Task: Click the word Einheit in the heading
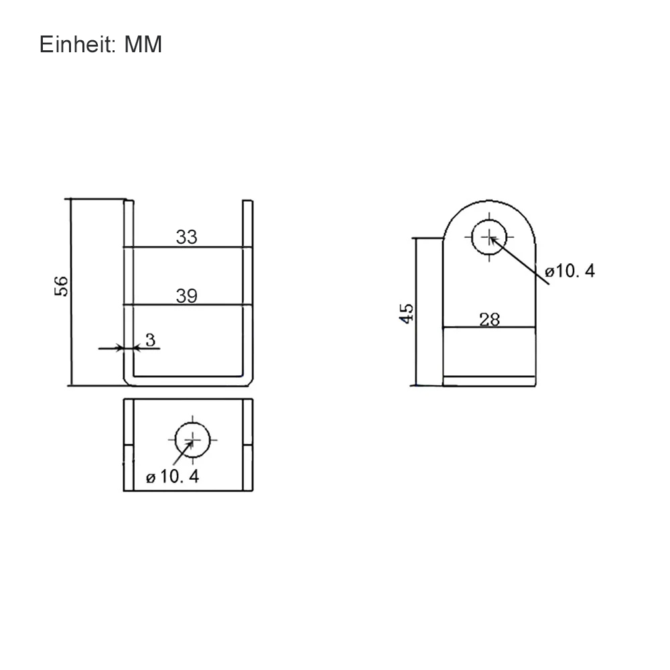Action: click(77, 44)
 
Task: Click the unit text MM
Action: click(143, 44)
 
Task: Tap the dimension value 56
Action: click(61, 286)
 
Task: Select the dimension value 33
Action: click(187, 237)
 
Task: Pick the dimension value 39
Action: click(187, 296)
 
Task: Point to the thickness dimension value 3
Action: click(150, 340)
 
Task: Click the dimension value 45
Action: click(407, 314)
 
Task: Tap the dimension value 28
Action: click(490, 320)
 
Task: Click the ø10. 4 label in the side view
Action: click(569, 271)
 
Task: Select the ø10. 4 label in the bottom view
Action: click(173, 477)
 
